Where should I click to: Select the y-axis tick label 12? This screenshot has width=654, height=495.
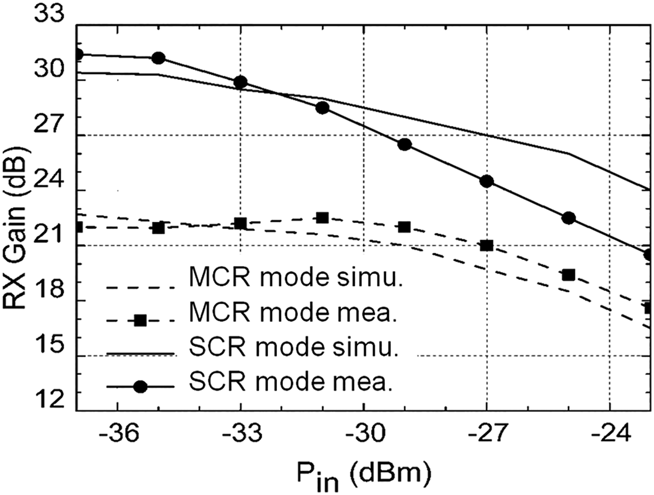pyautogui.click(x=49, y=400)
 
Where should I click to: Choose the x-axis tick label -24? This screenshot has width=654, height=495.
pyautogui.click(x=609, y=434)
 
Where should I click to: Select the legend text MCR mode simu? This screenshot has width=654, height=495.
pyautogui.click(x=296, y=278)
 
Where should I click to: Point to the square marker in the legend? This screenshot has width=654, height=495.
pyautogui.click(x=140, y=320)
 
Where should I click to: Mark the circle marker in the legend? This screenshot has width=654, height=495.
pyautogui.click(x=140, y=387)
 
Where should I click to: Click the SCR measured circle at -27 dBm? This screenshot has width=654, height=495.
pyautogui.click(x=486, y=181)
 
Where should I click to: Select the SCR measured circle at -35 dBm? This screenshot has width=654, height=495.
pyautogui.click(x=158, y=58)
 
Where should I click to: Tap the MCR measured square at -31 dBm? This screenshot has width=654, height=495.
pyautogui.click(x=322, y=218)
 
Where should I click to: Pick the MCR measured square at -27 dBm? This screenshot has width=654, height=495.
pyautogui.click(x=486, y=246)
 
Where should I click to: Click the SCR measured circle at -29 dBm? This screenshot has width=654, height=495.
pyautogui.click(x=405, y=144)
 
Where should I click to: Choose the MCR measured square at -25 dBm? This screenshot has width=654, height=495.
pyautogui.click(x=569, y=275)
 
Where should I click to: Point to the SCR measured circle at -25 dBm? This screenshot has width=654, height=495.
pyautogui.click(x=569, y=218)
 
